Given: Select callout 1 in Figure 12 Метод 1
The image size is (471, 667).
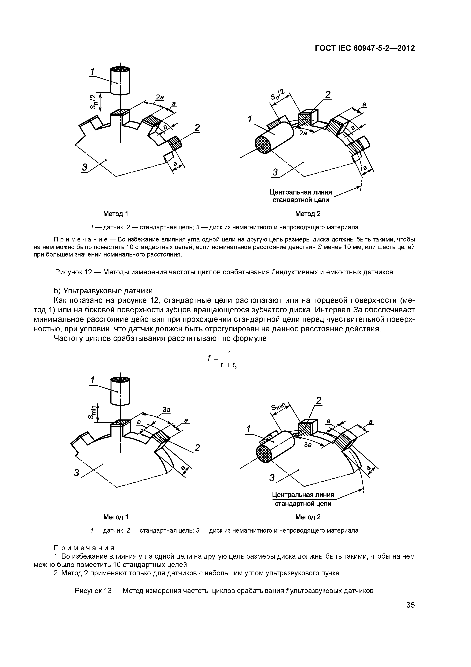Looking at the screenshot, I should pos(92,71).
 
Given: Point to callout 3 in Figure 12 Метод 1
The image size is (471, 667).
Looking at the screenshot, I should pos(85,167).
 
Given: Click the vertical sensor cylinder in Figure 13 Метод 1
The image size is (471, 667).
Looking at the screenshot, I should pos(120,391).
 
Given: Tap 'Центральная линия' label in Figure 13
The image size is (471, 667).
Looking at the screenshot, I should pos(303,494).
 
